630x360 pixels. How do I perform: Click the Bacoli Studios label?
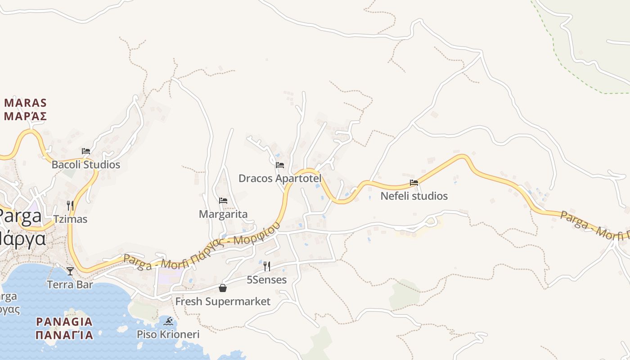(86, 165)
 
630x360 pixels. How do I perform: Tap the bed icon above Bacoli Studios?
(86, 151)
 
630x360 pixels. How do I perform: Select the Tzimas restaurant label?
(70, 219)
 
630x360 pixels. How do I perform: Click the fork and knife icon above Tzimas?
(70, 206)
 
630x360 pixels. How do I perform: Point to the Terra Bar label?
(70, 284)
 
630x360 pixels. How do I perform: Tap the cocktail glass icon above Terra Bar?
(70, 271)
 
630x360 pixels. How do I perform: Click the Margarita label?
(223, 214)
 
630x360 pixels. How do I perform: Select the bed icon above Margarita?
(223, 201)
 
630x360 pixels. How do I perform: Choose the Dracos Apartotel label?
(280, 179)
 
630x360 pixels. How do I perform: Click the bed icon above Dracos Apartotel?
(280, 165)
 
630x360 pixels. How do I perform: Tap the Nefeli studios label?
(414, 196)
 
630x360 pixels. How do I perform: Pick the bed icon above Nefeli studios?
(414, 183)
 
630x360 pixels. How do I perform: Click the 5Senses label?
(267, 280)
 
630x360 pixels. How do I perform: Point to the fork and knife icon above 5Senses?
(267, 266)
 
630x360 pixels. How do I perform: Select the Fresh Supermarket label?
(223, 301)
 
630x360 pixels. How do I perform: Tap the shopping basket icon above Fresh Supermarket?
(223, 288)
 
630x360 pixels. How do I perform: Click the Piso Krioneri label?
(168, 335)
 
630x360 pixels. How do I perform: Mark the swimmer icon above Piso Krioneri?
(168, 321)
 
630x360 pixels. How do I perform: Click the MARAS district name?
(26, 103)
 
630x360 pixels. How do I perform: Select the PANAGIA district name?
(64, 322)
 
